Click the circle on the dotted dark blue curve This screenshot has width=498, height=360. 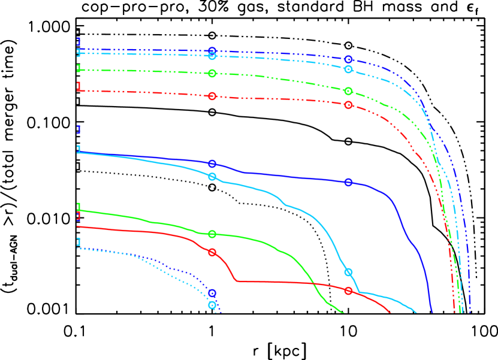(x=212, y=294)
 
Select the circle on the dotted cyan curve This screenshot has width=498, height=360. (x=212, y=305)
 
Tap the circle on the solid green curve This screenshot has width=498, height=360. (x=212, y=234)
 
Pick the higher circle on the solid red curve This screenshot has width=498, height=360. (x=212, y=252)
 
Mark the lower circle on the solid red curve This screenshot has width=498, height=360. (x=349, y=291)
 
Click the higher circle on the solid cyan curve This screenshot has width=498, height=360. (x=212, y=177)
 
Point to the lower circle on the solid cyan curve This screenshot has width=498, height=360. (x=349, y=272)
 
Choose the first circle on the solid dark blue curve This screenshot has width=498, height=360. (x=212, y=164)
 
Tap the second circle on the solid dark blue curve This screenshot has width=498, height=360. (x=349, y=182)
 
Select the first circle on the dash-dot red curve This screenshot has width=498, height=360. (x=212, y=96)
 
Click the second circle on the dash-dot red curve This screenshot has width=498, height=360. (x=349, y=105)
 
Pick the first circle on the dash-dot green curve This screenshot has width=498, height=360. (x=212, y=73)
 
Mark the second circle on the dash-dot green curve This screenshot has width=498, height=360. (x=349, y=91)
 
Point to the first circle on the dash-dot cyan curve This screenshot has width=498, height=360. (x=212, y=56)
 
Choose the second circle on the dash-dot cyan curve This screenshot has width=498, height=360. (x=349, y=69)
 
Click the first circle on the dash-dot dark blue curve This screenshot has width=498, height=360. (x=212, y=51)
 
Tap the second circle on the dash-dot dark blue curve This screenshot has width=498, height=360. (x=349, y=59)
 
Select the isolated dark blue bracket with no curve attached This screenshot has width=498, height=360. (x=78, y=129)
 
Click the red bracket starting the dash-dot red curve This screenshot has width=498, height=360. (x=78, y=86)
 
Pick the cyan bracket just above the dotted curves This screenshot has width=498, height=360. (x=78, y=241)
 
